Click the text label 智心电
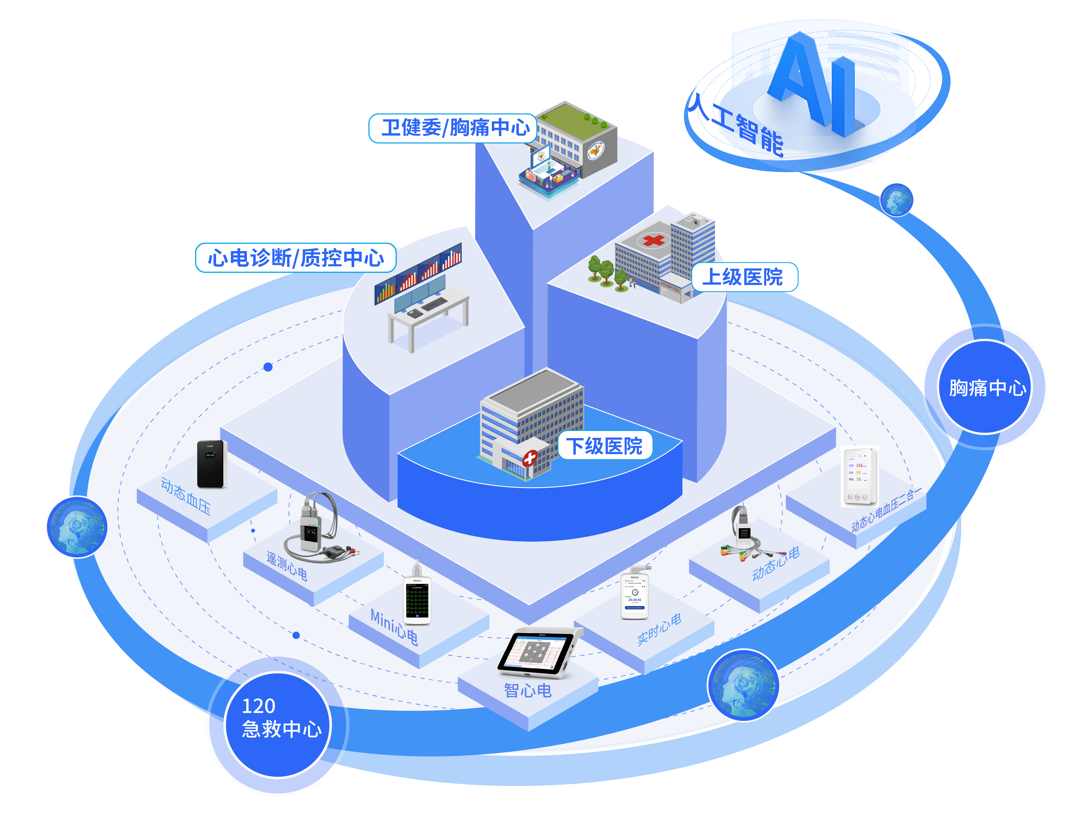[527, 690]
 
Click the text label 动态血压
[186, 496]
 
